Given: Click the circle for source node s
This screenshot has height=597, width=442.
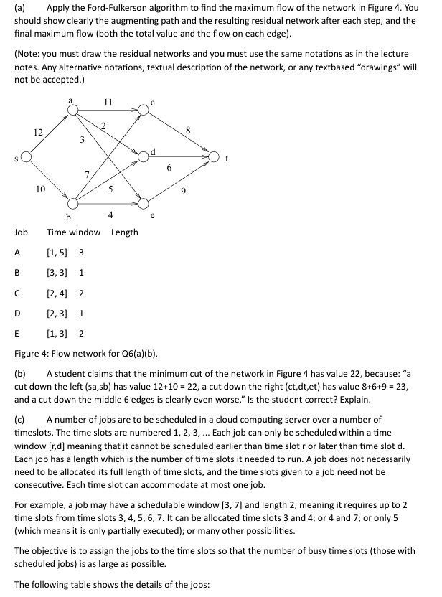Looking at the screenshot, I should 27,156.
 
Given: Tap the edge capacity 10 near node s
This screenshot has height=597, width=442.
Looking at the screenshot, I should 40,189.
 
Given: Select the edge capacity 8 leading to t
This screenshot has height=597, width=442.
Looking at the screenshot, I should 187,131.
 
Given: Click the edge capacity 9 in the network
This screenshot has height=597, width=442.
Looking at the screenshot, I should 184,190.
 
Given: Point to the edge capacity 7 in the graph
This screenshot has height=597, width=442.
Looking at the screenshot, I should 87,174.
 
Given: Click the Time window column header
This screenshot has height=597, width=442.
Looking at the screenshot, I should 73,232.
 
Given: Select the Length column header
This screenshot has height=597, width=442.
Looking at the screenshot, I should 124,232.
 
